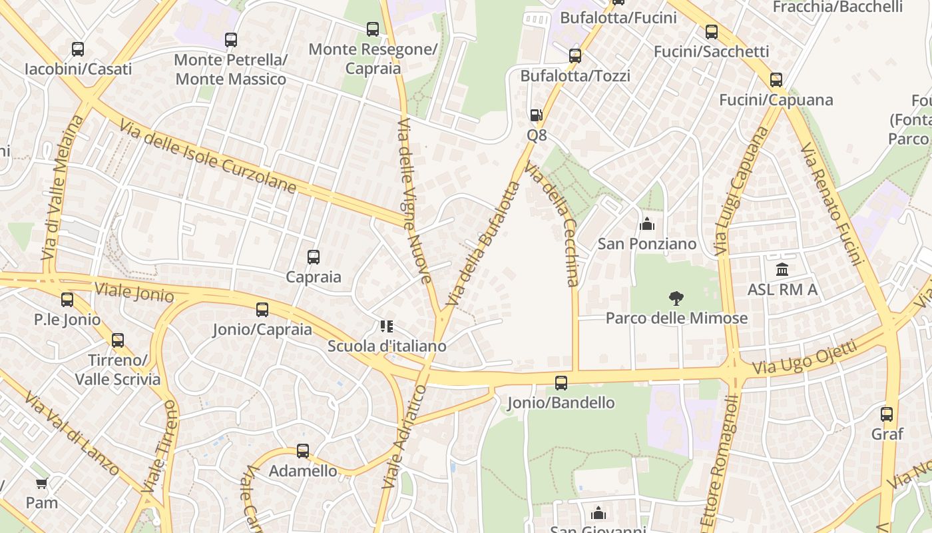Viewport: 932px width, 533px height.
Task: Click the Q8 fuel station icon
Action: click(x=536, y=115)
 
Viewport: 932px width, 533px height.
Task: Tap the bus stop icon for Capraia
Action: click(x=313, y=257)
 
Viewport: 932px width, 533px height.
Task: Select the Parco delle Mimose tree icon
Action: click(x=676, y=298)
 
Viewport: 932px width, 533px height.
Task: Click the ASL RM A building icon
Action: click(x=782, y=270)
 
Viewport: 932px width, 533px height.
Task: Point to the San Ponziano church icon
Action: click(x=646, y=224)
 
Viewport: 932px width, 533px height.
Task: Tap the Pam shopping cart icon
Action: click(x=41, y=483)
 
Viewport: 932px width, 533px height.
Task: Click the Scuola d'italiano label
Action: click(x=386, y=346)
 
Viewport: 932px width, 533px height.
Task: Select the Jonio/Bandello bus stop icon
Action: click(x=561, y=383)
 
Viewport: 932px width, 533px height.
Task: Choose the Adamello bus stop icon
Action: click(x=303, y=451)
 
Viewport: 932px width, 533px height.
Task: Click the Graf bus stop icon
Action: click(x=887, y=414)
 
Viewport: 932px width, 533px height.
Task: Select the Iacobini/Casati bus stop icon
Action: click(x=78, y=49)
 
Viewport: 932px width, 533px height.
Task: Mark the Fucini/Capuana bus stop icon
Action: click(x=776, y=80)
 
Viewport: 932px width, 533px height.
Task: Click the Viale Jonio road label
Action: click(x=134, y=291)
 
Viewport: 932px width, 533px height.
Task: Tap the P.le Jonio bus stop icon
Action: click(x=67, y=300)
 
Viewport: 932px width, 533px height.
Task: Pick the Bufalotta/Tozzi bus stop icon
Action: click(x=575, y=56)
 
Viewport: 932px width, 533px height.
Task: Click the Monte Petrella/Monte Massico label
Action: click(x=230, y=69)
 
